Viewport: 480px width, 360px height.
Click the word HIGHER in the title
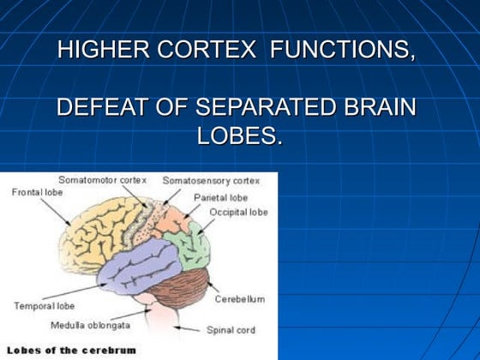pyautogui.click(x=93, y=51)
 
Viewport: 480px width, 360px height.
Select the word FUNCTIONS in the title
pyautogui.click(x=343, y=51)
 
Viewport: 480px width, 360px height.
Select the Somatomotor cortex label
pyautogui.click(x=103, y=180)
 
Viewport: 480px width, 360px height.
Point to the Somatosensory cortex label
pyautogui.click(x=211, y=181)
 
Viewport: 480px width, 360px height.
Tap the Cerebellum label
pyautogui.click(x=239, y=298)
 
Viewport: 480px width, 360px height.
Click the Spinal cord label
pyautogui.click(x=230, y=329)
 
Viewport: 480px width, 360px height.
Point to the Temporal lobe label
pyautogui.click(x=45, y=305)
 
